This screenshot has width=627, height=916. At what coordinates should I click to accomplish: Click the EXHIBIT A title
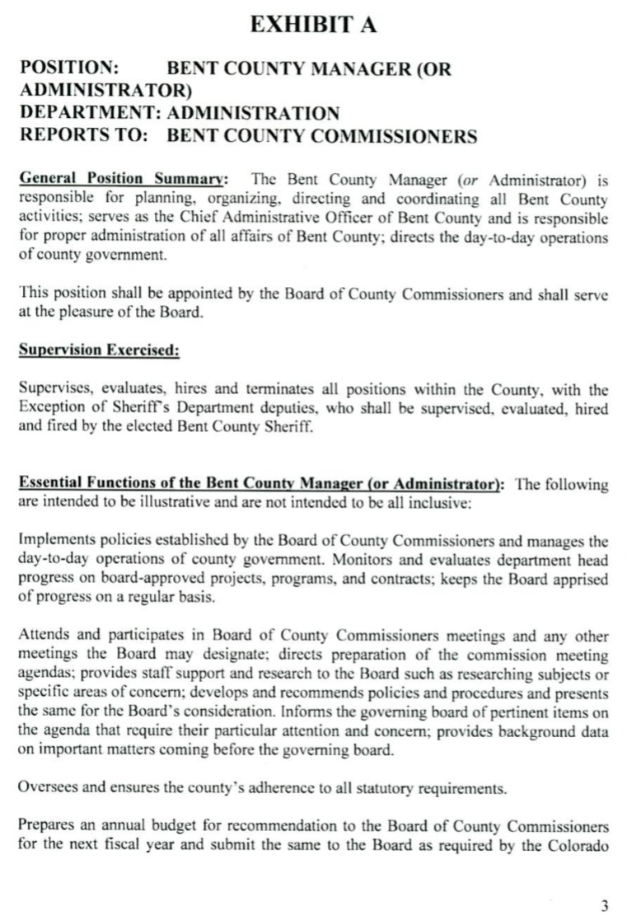point(313,25)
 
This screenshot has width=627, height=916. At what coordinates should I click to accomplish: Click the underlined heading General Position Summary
point(123,178)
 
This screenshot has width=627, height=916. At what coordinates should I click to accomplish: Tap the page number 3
point(604,906)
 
